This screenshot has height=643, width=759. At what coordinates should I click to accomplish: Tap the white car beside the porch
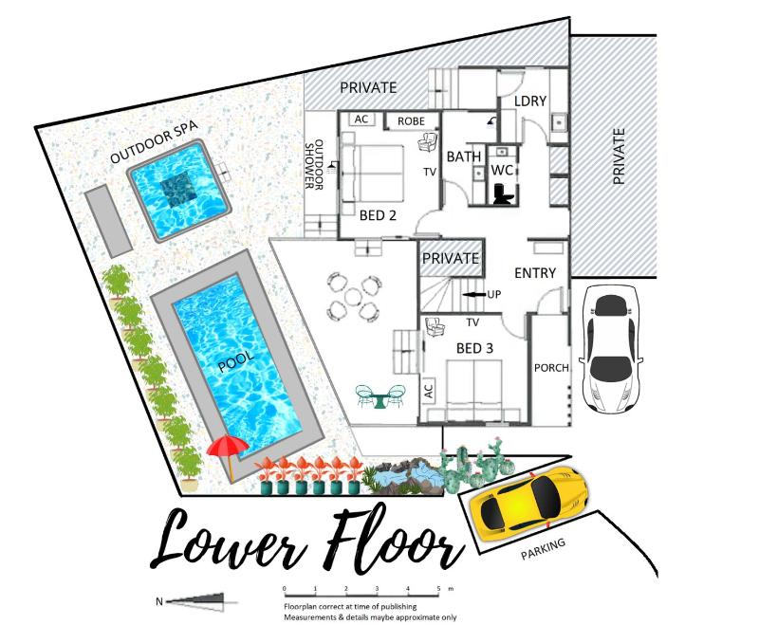click(x=612, y=349)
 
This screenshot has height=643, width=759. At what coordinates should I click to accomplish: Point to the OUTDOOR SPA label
click(x=154, y=142)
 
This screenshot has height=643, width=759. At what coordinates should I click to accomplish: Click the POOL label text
click(x=235, y=361)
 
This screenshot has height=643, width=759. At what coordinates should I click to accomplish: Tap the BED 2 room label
click(x=378, y=215)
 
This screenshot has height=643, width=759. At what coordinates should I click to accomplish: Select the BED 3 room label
click(x=474, y=348)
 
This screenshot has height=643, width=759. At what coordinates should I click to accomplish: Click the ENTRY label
click(x=535, y=273)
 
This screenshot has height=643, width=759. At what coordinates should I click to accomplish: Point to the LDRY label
click(x=530, y=101)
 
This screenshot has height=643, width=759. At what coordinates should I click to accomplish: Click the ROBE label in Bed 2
click(x=411, y=121)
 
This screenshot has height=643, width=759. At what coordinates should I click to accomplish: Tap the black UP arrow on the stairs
click(x=474, y=294)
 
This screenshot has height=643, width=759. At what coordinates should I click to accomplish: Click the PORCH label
click(x=551, y=368)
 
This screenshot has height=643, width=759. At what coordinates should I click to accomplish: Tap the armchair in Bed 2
click(x=428, y=142)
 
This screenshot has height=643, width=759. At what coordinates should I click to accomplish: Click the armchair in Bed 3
click(x=435, y=327)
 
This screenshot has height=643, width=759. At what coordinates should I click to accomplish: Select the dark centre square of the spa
click(x=179, y=191)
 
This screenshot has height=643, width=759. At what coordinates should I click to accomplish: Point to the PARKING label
click(x=543, y=549)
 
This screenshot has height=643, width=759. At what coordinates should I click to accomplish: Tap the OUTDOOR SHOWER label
click(x=314, y=164)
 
